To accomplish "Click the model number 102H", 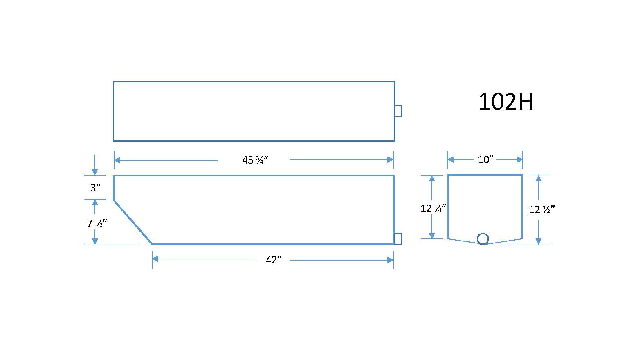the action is click(x=505, y=102).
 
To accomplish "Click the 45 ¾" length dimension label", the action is click(x=255, y=160).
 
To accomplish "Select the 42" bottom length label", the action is click(x=274, y=260).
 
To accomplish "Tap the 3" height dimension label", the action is click(x=95, y=188).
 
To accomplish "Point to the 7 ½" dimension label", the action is click(x=97, y=223).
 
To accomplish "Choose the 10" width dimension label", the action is click(x=485, y=160).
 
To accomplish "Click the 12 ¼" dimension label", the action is click(x=433, y=208).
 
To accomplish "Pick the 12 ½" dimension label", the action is click(x=542, y=209).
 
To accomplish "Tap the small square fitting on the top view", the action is click(x=398, y=111).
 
